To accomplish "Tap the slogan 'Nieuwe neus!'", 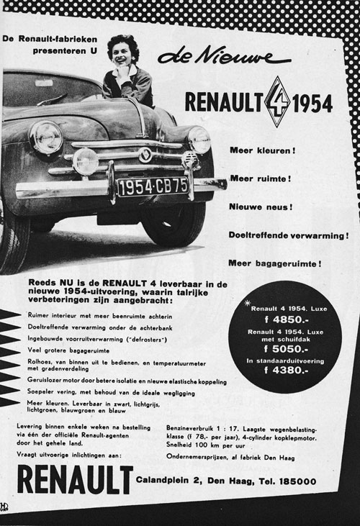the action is [261, 207].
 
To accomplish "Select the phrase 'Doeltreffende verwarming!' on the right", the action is [288, 235].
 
